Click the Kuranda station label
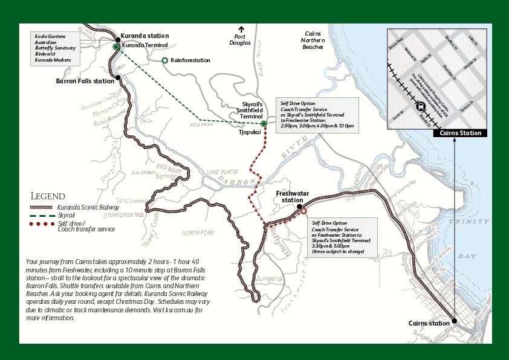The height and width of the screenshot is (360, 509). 144,36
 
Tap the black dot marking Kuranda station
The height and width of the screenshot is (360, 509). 118,40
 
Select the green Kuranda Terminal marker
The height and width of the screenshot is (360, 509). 116,46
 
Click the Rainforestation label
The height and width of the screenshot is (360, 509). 190,60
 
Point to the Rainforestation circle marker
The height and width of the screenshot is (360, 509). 165,60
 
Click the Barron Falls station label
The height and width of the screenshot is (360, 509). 85,80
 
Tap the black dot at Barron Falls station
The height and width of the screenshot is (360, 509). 118,77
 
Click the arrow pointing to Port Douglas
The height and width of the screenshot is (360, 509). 241,29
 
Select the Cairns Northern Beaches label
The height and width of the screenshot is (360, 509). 313,39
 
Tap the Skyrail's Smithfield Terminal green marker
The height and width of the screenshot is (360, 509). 264,124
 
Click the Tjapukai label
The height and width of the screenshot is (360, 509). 249,131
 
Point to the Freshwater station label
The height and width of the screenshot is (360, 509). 292,196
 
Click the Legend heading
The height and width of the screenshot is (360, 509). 48,196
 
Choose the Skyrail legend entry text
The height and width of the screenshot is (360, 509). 66,215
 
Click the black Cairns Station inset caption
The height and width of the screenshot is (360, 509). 460,133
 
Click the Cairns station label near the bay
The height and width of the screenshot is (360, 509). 429,323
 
